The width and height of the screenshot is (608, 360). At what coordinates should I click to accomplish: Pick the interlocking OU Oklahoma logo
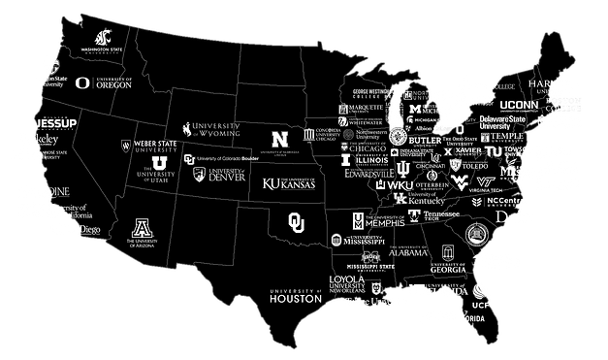(x=297, y=222)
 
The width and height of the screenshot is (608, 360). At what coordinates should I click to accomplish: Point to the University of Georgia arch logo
(x=448, y=250)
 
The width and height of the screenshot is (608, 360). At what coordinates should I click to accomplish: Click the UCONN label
(x=525, y=104)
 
